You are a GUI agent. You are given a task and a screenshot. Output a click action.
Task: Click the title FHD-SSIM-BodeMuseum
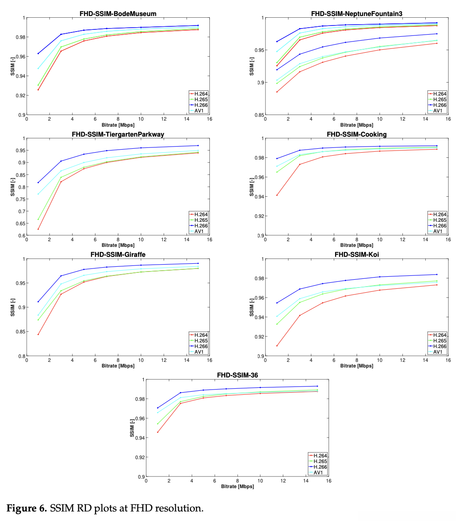118,14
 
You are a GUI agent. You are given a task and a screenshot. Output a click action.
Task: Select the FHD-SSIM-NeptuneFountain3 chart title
357,14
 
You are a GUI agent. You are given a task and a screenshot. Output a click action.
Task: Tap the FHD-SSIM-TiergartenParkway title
118,134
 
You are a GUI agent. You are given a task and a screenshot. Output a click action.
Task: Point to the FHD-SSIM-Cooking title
357,134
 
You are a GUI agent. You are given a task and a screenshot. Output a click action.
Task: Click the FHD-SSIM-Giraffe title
118,255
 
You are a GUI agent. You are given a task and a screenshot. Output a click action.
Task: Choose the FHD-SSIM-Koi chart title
357,255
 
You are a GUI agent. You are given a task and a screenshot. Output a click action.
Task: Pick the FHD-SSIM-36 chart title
237,375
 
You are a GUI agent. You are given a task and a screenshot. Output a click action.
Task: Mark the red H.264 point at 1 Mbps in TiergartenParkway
38,229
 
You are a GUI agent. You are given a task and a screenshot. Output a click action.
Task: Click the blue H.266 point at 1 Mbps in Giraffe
38,302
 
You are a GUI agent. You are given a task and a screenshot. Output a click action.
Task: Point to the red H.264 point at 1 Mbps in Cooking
277,195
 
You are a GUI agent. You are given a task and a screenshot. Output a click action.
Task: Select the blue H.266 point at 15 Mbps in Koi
437,275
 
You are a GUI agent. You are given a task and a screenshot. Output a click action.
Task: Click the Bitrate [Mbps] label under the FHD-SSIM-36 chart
237,486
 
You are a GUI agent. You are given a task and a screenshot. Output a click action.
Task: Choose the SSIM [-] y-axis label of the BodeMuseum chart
13,66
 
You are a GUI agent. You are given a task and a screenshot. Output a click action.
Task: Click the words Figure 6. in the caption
26,508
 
